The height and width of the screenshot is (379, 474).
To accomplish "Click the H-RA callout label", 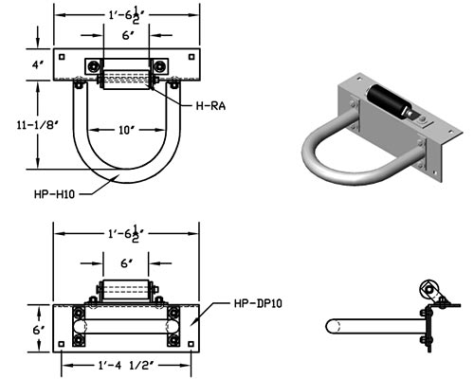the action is pyautogui.click(x=210, y=105).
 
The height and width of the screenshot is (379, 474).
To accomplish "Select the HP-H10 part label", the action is pyautogui.click(x=54, y=194).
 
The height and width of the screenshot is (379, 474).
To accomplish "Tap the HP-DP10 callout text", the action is pyautogui.click(x=258, y=304).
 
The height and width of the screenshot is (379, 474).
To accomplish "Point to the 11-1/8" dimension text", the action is pyautogui.click(x=38, y=125).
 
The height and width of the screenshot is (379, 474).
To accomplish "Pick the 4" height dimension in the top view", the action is pyautogui.click(x=38, y=65).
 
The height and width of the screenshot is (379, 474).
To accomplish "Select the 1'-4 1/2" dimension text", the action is pyautogui.click(x=126, y=366).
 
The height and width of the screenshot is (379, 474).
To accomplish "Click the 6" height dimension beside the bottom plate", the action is pyautogui.click(x=39, y=330).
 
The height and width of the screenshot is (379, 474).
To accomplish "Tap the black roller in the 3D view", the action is pyautogui.click(x=389, y=99).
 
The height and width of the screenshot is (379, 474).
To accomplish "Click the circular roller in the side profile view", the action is pyautogui.click(x=428, y=289).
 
